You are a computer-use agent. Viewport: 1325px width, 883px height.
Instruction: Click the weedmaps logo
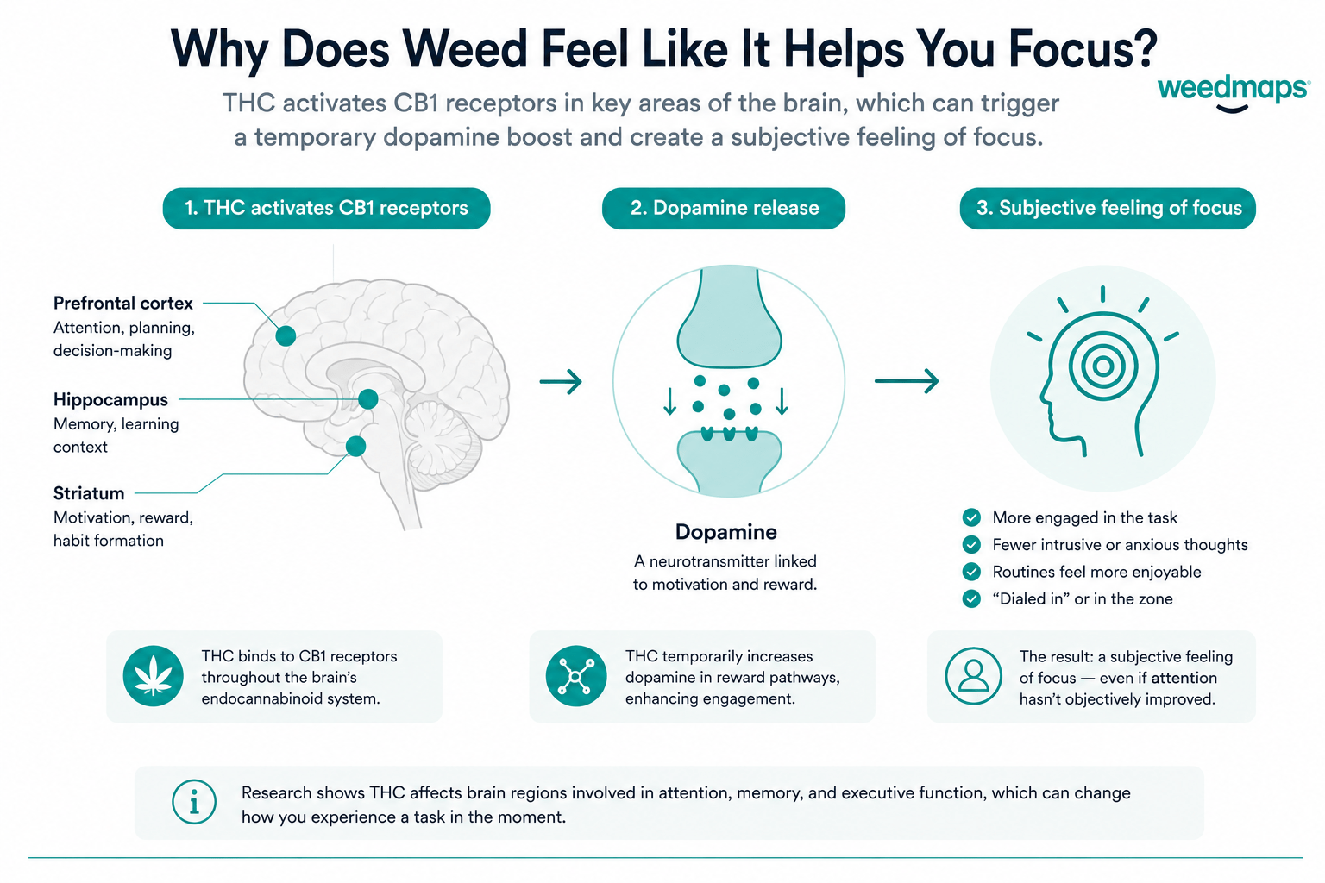[x=1233, y=95]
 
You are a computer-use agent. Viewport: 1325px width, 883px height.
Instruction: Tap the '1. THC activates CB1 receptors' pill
[x=327, y=208]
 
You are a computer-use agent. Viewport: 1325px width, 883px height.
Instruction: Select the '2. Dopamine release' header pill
[x=724, y=208]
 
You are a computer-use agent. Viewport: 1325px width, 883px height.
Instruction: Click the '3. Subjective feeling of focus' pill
[x=1108, y=208]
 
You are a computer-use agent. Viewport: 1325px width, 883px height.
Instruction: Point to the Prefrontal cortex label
[x=123, y=304]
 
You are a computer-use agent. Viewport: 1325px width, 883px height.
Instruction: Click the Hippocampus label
[x=110, y=400]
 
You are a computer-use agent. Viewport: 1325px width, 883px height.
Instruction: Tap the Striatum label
[x=89, y=493]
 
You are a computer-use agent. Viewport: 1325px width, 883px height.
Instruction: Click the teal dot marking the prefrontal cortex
[x=286, y=336]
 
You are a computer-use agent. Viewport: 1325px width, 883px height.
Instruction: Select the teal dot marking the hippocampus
[x=368, y=399]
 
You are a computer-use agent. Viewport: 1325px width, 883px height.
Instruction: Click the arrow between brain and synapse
[x=561, y=381]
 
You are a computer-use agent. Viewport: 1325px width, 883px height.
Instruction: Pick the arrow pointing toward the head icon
[x=907, y=381]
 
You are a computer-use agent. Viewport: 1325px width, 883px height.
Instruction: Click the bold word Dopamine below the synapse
[x=725, y=532]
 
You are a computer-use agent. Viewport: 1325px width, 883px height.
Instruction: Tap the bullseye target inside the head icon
[x=1102, y=366]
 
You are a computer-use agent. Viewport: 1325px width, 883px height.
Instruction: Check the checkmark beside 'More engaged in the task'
[x=971, y=517]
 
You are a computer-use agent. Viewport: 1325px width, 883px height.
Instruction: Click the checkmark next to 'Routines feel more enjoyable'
[x=971, y=572]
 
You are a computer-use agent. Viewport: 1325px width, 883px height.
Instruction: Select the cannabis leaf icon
[x=154, y=676]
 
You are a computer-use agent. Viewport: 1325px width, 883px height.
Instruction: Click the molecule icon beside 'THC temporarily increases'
[x=576, y=676]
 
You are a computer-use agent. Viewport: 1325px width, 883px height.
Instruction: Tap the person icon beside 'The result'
[x=973, y=676]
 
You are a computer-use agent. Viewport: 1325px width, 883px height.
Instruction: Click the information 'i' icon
[x=194, y=802]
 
